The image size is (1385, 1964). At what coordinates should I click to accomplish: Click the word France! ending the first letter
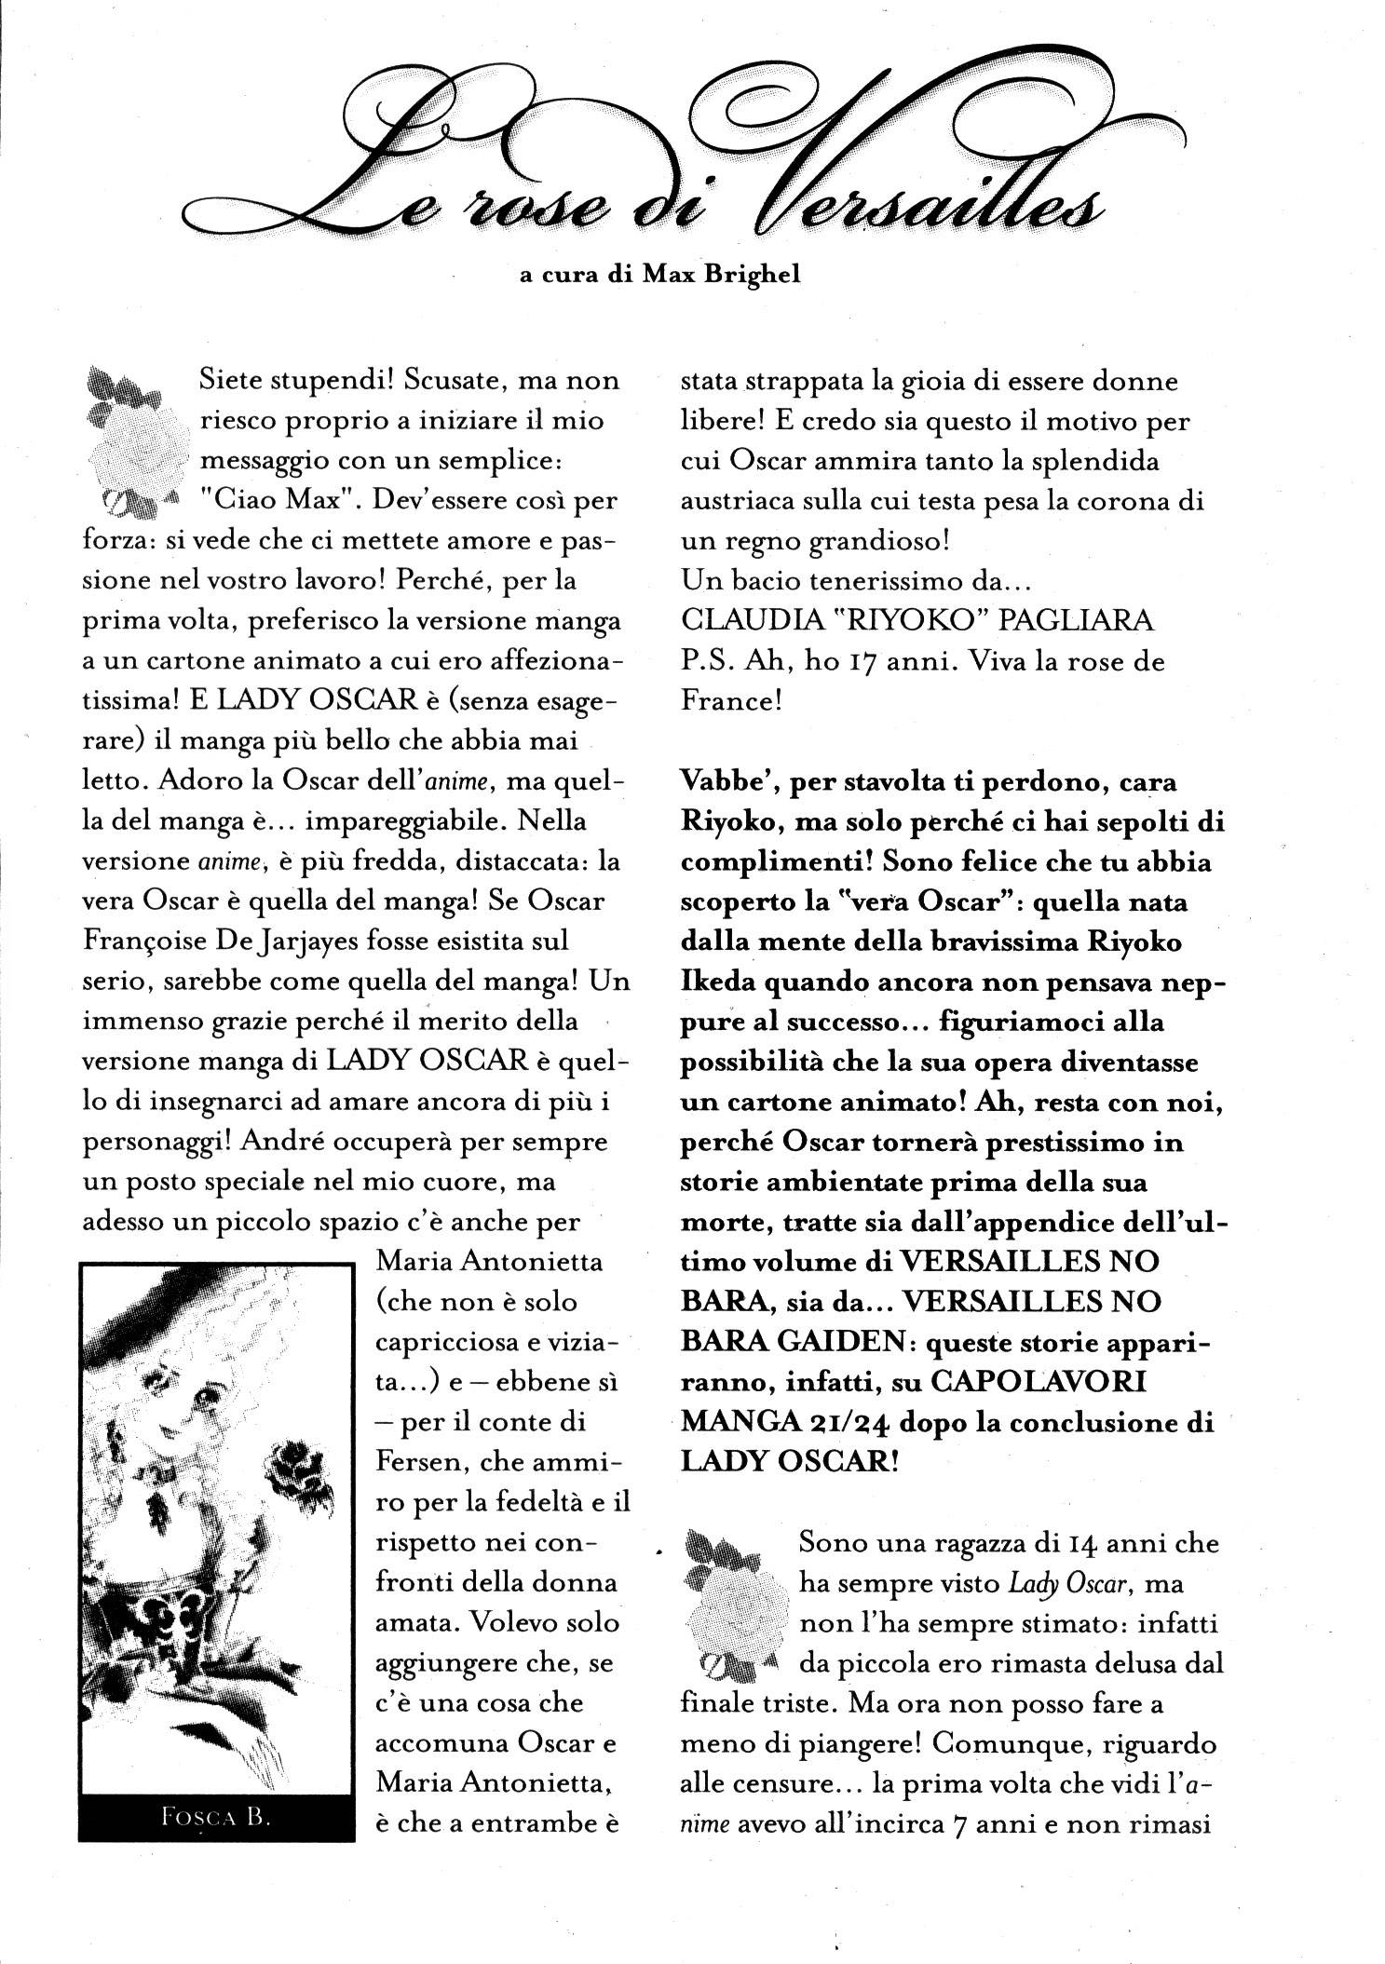(x=731, y=702)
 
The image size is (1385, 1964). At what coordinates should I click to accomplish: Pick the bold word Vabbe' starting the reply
(x=729, y=783)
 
